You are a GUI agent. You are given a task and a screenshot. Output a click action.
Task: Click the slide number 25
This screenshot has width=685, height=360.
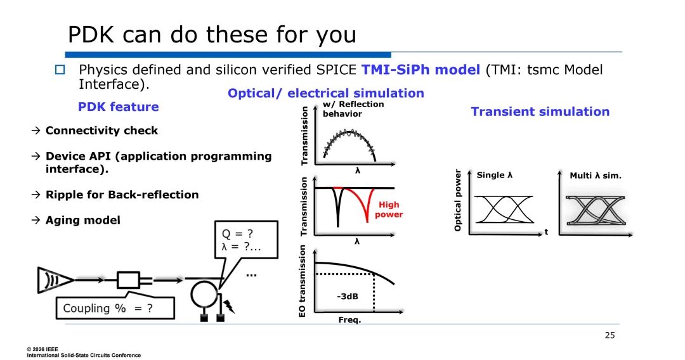610,335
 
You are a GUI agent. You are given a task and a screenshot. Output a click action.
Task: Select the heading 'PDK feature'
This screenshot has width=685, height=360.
119,107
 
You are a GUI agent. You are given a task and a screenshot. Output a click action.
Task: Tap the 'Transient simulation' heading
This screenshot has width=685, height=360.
540,112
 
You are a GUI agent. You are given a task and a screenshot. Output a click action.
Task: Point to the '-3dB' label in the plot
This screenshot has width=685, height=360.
348,296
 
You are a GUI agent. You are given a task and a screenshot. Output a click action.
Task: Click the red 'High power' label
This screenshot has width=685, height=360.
388,209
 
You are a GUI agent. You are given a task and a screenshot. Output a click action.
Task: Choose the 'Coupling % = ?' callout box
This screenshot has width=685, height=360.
115,308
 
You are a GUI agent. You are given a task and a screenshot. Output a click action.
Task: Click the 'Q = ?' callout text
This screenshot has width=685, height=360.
237,234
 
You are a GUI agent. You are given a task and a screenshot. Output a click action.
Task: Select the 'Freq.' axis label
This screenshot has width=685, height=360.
349,320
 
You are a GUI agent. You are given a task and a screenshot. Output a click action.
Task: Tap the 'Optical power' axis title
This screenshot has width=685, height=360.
457,200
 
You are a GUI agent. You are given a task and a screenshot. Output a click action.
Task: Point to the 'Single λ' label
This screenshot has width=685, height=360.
495,175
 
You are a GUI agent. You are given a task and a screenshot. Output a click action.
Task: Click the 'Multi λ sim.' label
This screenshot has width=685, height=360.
596,176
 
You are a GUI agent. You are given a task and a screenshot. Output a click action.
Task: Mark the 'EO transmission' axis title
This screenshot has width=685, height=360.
302,281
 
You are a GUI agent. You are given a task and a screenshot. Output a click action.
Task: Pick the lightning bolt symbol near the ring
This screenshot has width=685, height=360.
229,306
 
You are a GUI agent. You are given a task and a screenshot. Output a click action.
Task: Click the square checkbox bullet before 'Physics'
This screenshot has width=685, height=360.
60,69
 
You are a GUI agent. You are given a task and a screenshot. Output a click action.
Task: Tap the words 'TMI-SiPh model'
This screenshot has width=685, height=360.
421,70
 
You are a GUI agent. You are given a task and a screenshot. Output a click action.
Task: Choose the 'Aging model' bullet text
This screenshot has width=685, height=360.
83,220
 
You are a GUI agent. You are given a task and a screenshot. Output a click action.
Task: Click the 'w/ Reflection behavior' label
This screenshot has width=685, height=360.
353,108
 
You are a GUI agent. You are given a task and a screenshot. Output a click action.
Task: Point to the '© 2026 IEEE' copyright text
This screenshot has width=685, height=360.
42,349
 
